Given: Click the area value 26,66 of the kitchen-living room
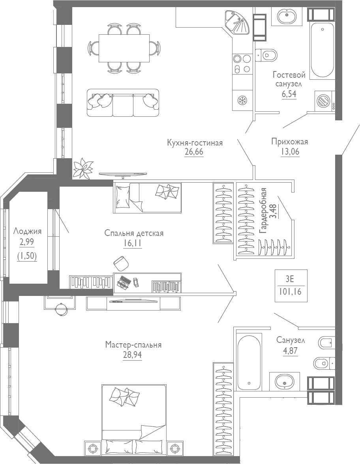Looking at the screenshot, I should (194, 152).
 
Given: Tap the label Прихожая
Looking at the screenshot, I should (289, 142).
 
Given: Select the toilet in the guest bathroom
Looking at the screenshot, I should (266, 54).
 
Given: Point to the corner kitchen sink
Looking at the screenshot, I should (237, 22).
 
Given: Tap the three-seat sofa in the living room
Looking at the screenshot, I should (123, 103).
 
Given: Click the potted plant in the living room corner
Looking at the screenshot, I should (83, 168).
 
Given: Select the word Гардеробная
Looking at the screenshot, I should (263, 211).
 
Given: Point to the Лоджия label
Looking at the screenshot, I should (27, 231).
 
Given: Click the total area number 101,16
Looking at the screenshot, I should (290, 293).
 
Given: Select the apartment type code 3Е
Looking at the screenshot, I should (290, 279).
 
